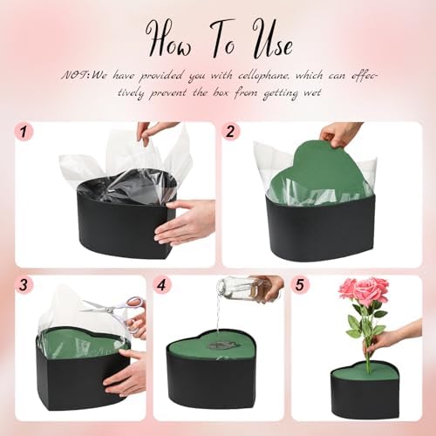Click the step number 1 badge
[24, 133]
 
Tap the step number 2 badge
[230, 132]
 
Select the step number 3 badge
[24, 284]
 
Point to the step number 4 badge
[162, 284]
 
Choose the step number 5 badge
[300, 284]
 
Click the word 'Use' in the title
[272, 41]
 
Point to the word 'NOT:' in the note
[76, 76]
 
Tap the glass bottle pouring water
[247, 290]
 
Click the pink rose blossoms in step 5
[364, 290]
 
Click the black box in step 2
[321, 228]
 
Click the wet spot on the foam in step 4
[220, 345]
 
